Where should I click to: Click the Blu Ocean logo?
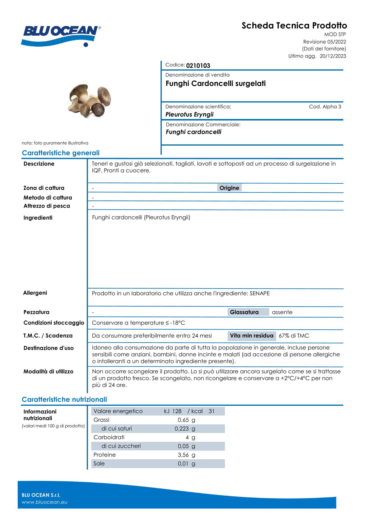click(61, 35)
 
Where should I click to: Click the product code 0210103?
click(198, 66)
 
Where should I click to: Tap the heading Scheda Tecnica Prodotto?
click(294, 26)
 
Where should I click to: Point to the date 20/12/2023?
click(333, 56)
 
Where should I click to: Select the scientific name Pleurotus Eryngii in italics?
click(189, 115)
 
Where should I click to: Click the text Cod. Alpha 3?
click(325, 107)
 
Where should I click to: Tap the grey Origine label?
click(229, 188)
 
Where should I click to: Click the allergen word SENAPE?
click(260, 293)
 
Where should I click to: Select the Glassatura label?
click(244, 312)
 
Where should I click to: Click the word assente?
click(282, 312)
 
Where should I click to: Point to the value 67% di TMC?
click(294, 336)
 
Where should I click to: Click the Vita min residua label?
click(251, 336)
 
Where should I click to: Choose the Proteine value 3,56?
click(183, 455)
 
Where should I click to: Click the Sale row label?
click(99, 463)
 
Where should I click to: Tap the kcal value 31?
click(211, 411)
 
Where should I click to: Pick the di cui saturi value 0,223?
click(182, 429)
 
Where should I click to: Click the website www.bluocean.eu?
click(45, 502)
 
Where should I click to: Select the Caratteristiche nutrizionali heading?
click(64, 400)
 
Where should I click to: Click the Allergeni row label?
click(35, 293)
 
